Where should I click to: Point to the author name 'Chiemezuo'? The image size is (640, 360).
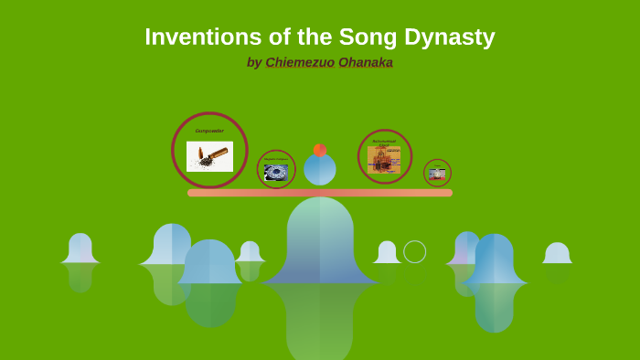[299, 62]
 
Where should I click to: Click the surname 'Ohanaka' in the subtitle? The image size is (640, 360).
[366, 62]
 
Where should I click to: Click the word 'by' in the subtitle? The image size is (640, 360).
[254, 62]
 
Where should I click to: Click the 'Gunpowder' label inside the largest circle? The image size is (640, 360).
[209, 131]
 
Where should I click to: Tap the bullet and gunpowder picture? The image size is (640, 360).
[209, 156]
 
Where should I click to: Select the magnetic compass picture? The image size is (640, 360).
[276, 172]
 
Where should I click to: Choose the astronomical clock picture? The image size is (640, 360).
[384, 159]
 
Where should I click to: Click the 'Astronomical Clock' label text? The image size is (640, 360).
[384, 142]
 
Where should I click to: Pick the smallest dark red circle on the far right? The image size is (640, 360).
[437, 173]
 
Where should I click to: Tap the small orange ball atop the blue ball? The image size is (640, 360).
[319, 149]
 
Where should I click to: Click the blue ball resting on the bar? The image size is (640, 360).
[320, 170]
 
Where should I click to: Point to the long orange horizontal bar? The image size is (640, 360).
[320, 193]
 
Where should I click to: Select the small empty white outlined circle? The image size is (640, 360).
[414, 251]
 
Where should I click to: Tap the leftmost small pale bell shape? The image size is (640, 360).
[80, 249]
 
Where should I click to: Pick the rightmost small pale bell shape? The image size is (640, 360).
[557, 254]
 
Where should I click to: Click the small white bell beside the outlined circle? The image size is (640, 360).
[387, 253]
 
